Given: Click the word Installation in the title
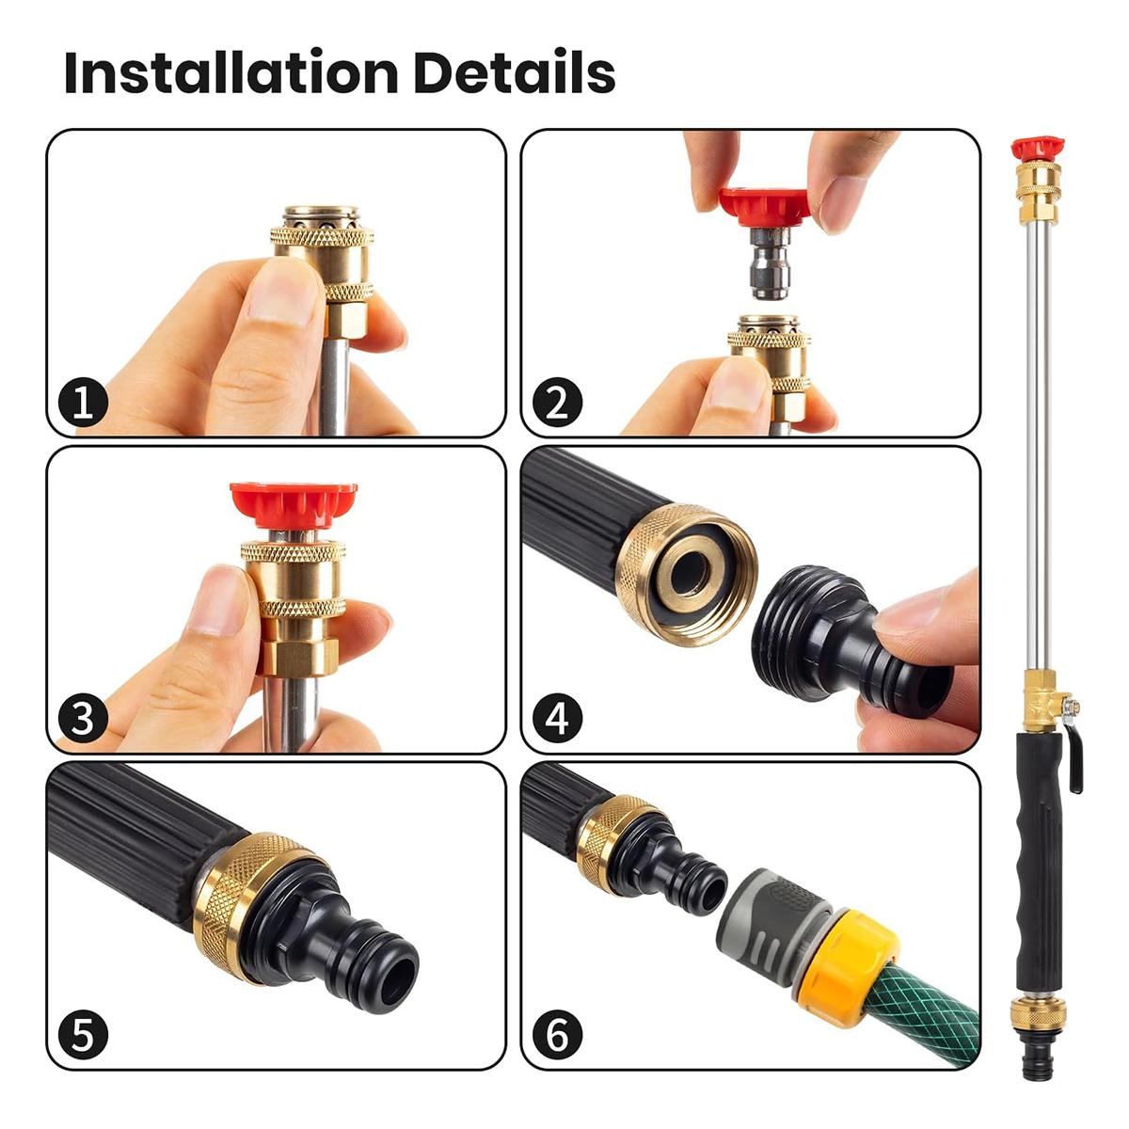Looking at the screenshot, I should click(230, 72).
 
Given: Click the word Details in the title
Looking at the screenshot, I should click(514, 72).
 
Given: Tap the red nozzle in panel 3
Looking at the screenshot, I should click(294, 504).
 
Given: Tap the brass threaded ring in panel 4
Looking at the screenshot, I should click(687, 574).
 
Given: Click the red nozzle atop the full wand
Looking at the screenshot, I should click(1038, 149).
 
